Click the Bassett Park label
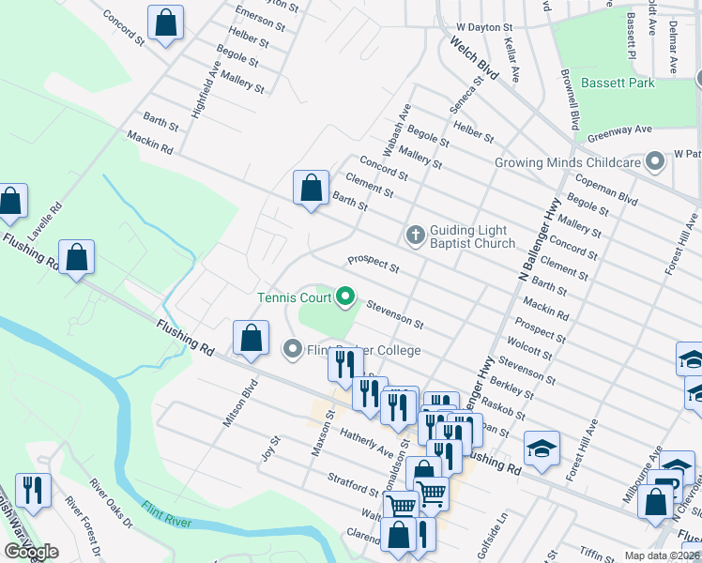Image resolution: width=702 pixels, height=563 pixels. (617, 83)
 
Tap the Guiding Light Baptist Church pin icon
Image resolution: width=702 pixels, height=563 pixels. (415, 233)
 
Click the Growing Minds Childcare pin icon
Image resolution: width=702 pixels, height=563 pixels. (655, 161)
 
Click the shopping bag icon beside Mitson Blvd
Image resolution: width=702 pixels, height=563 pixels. (251, 340)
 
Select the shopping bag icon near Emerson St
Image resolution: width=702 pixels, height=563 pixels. (165, 25)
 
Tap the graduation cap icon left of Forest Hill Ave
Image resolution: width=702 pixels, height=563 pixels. (542, 449)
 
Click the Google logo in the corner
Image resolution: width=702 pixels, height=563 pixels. (30, 552)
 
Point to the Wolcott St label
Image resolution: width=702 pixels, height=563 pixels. (528, 349)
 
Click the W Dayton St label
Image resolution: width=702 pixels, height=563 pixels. (484, 29)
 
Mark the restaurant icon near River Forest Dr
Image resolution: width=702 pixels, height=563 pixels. (33, 492)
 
